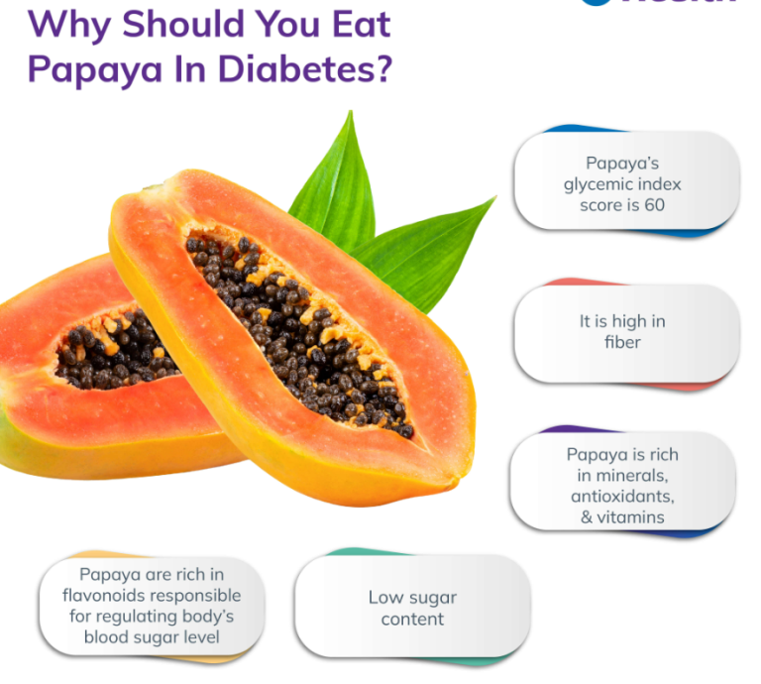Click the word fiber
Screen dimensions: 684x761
[623, 342]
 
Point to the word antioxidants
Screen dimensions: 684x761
[624, 495]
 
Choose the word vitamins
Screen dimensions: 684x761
[630, 515]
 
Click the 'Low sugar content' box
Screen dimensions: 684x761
[412, 608]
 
